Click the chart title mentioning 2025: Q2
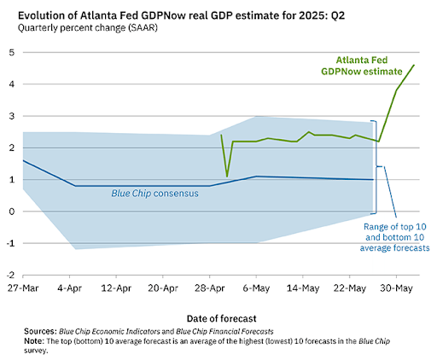tap(181, 15)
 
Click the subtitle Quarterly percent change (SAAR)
tap(88, 28)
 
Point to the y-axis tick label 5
tap(12, 52)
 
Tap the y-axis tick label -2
tap(10, 275)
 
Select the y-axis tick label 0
tap(12, 212)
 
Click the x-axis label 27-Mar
tap(23, 288)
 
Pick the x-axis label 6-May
tap(256, 288)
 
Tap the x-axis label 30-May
tap(396, 288)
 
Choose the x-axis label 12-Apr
tap(116, 288)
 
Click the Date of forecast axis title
tap(221, 318)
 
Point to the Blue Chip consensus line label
tap(154, 194)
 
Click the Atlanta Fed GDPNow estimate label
tap(362, 66)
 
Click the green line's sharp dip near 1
tap(227, 177)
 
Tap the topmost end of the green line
tap(414, 65)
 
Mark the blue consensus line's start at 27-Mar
tap(23, 160)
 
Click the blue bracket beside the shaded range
tap(376, 167)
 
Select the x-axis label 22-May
tap(350, 288)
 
